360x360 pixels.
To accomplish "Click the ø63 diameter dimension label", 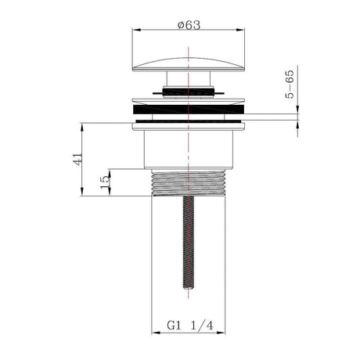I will pyautogui.click(x=189, y=24).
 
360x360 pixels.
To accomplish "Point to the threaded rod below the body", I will pyautogui.click(x=189, y=243).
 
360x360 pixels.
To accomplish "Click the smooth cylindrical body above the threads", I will pyautogui.click(x=189, y=149).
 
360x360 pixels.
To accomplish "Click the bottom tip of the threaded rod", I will pyautogui.click(x=189, y=295).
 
